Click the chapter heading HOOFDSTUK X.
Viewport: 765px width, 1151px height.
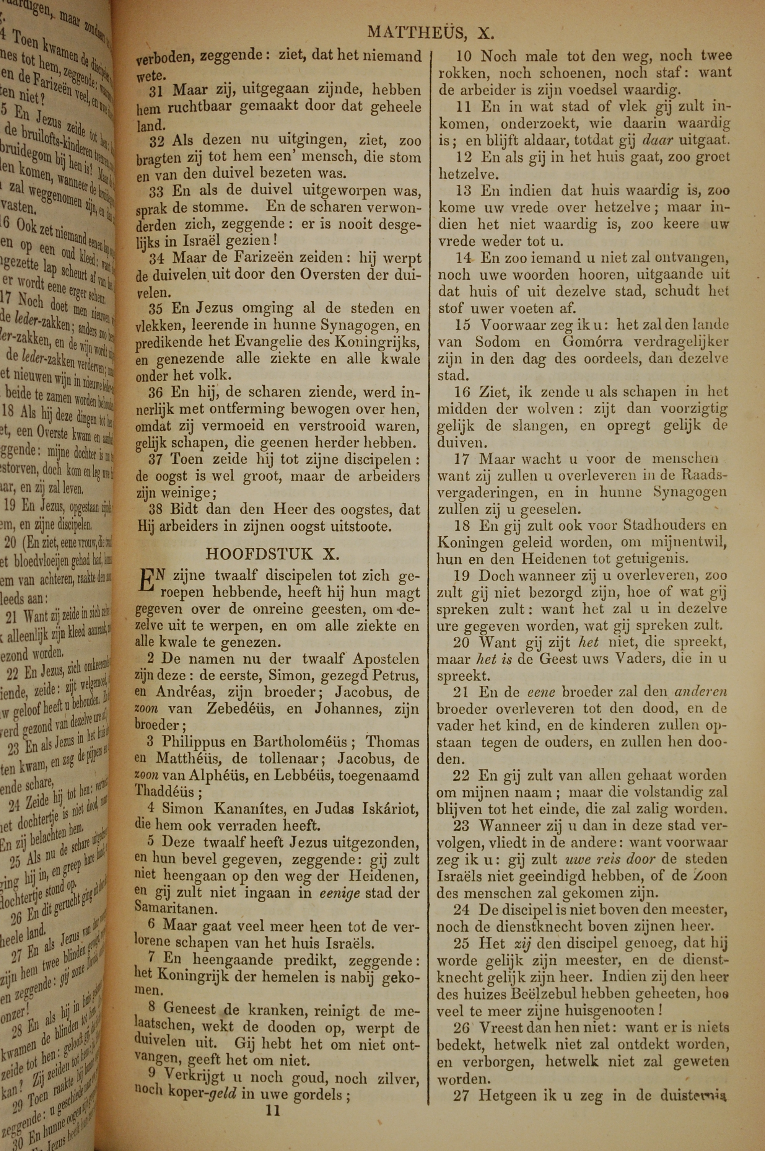tap(272, 554)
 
